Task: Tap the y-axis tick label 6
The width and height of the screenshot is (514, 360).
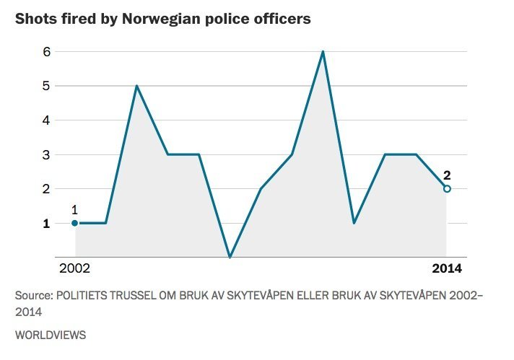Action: [26, 52]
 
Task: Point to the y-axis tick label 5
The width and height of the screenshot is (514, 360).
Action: [26, 86]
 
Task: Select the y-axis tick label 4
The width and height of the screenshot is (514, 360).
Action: [26, 120]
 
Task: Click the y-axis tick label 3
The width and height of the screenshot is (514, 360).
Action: [26, 154]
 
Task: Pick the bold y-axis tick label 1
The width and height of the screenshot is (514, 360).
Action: [26, 224]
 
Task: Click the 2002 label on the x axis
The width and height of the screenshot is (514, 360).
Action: [74, 269]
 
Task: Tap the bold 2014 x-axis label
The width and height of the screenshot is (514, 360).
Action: [447, 269]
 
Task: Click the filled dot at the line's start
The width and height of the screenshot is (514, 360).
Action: [74, 223]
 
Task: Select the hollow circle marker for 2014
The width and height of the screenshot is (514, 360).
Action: [447, 189]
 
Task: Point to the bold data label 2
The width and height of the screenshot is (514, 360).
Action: [447, 175]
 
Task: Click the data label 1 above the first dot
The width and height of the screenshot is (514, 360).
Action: [74, 209]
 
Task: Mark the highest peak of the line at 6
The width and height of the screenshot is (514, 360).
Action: [323, 52]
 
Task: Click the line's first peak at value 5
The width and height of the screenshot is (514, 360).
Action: [136, 86]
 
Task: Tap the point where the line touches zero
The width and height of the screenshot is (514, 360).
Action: [230, 257]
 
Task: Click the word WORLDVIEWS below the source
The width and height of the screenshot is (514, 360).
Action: [51, 335]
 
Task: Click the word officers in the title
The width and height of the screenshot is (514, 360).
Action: [284, 19]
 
